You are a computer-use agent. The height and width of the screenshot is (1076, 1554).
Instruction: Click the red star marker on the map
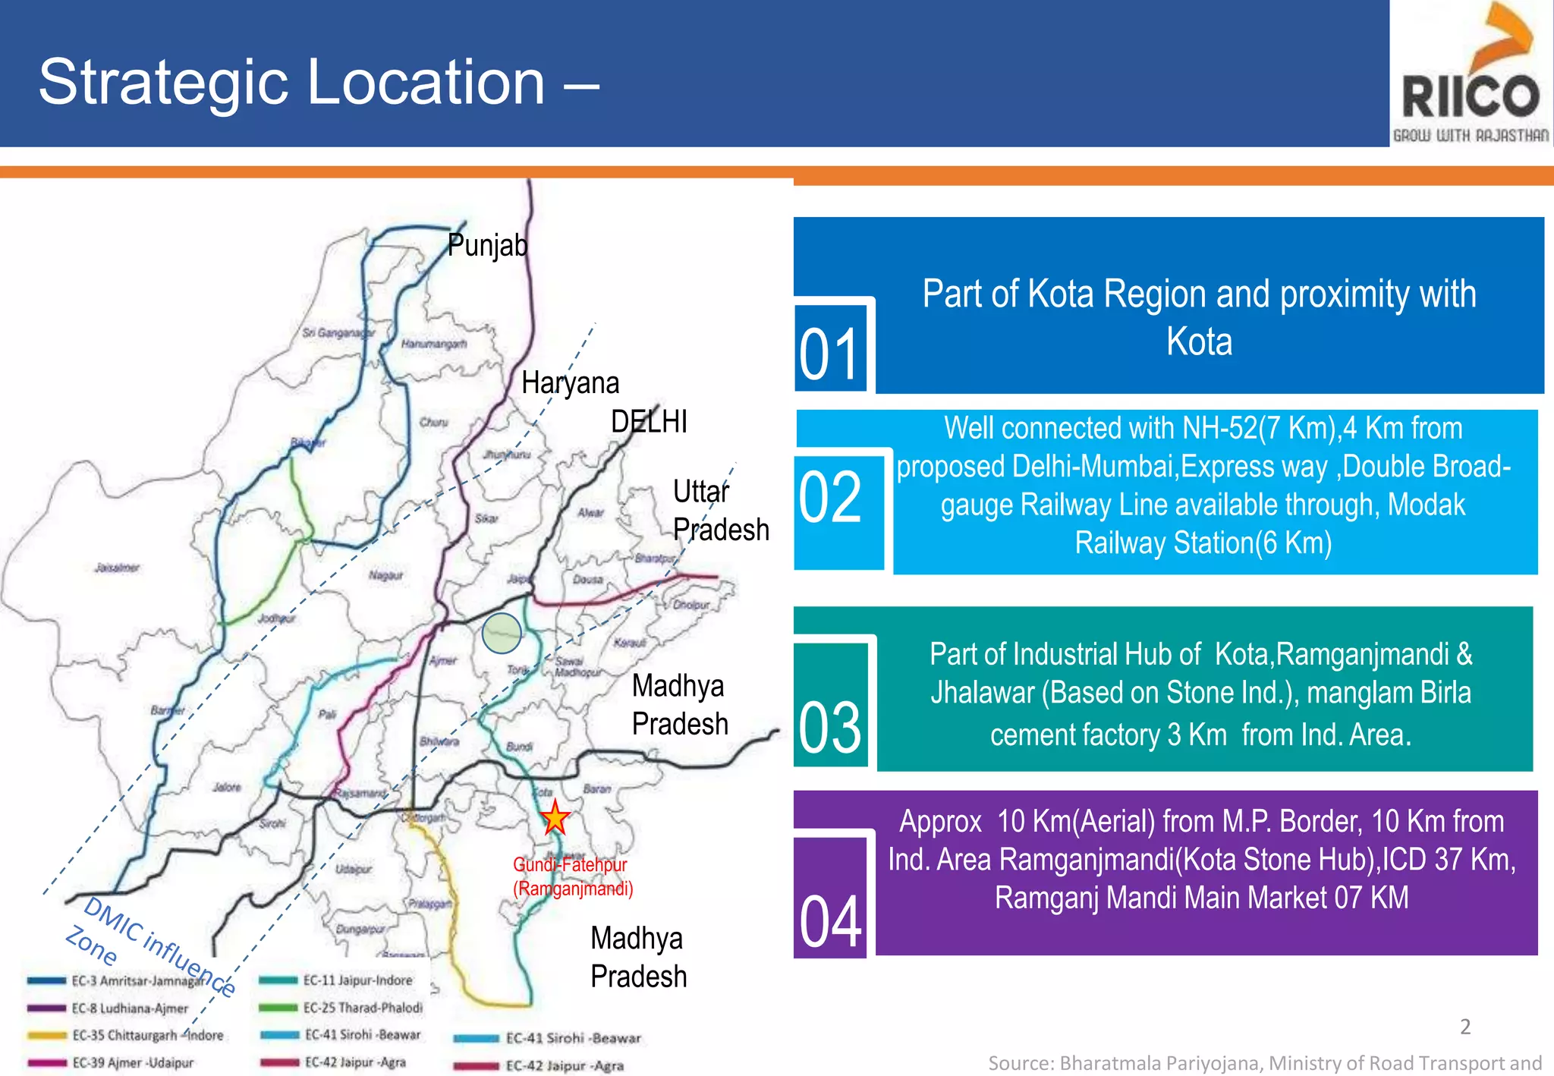pyautogui.click(x=555, y=817)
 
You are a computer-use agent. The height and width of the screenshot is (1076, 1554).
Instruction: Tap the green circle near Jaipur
pyautogui.click(x=502, y=632)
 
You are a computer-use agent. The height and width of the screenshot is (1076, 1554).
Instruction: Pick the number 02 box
pyautogui.click(x=832, y=498)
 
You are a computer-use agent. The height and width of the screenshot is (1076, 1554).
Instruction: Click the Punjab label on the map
pyautogui.click(x=487, y=245)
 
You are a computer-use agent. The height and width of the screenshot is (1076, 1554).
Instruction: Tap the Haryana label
pyautogui.click(x=570, y=382)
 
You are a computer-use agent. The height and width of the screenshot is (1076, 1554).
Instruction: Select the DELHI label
pyautogui.click(x=649, y=421)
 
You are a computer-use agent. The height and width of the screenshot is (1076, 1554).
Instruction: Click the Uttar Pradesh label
pyautogui.click(x=720, y=510)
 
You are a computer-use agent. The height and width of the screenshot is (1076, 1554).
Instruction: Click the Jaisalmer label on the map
pyautogui.click(x=118, y=568)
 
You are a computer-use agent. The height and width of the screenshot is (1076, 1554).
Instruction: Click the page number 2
pyautogui.click(x=1465, y=1027)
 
